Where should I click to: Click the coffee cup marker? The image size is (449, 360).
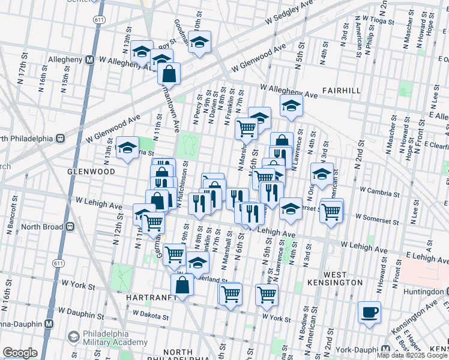pos(369,312)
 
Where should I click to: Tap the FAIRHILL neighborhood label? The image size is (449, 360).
pos(340,89)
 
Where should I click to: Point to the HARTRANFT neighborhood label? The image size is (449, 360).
pos(151,298)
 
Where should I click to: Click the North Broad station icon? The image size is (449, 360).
pos(70,227)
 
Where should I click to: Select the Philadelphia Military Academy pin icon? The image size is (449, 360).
pos(73,337)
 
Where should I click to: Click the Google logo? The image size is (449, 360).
pos(20,353)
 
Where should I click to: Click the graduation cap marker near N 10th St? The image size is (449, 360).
pos(200,43)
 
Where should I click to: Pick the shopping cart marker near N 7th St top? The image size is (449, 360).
pos(246,127)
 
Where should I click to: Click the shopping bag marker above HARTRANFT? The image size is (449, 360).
pos(184,284)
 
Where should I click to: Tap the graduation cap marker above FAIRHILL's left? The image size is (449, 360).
pos(291,105)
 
